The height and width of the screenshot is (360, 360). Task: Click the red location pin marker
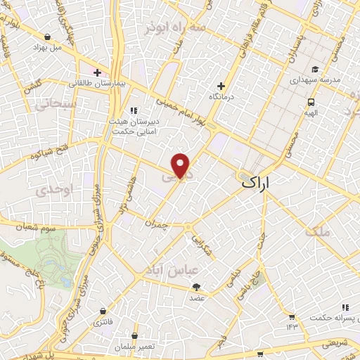coord(181,165)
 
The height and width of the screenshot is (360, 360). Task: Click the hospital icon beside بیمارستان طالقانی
coord(97,72)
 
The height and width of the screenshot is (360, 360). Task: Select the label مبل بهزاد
coord(47,48)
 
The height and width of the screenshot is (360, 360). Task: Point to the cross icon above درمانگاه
coord(221,86)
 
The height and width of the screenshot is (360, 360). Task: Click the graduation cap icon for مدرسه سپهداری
coord(315,69)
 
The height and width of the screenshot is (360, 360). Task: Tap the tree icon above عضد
coord(195,286)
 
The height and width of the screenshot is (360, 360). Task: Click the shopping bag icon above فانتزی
coord(103,310)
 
